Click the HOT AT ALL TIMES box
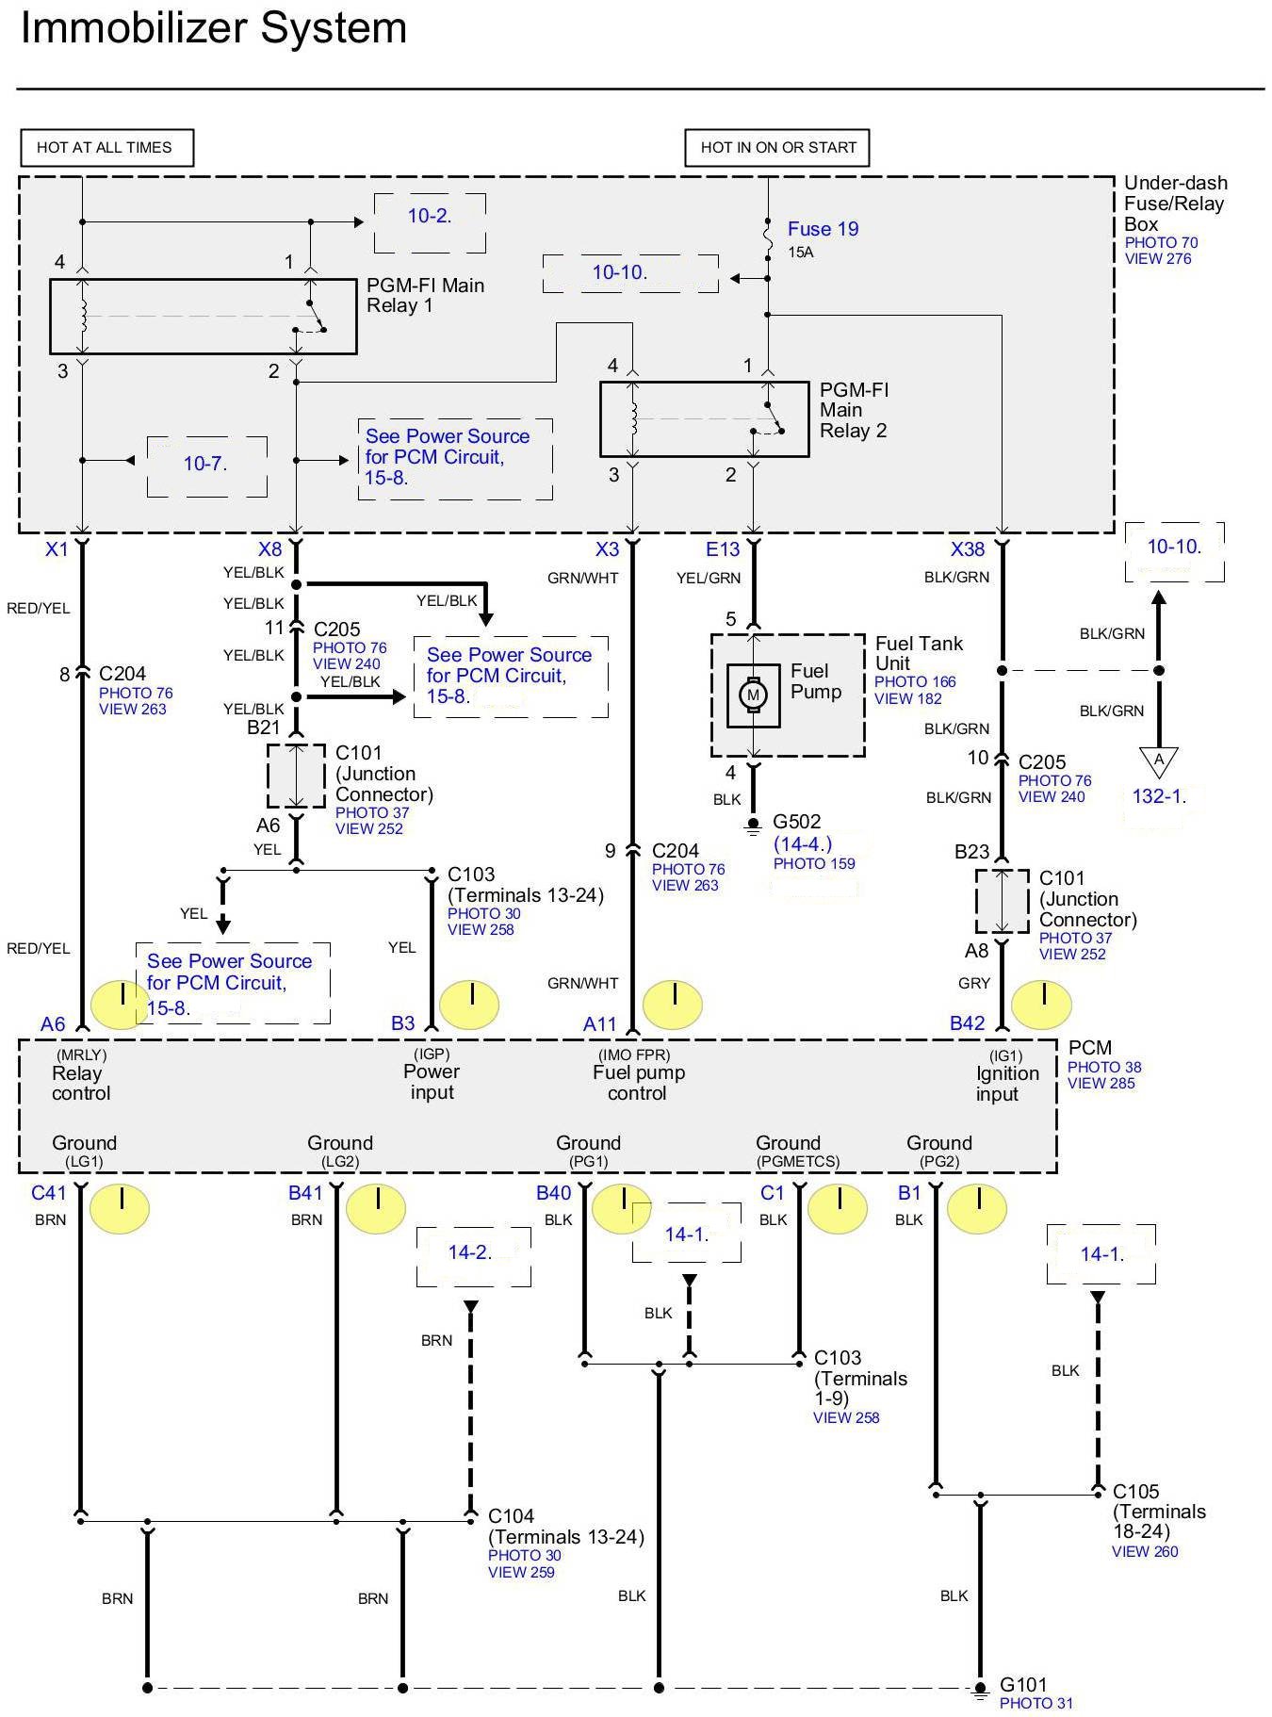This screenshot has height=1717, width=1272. (x=106, y=148)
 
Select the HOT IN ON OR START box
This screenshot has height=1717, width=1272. (x=777, y=148)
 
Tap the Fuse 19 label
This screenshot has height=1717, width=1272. (x=823, y=229)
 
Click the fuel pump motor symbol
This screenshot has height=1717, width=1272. (x=752, y=695)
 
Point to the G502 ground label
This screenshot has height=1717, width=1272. (x=796, y=822)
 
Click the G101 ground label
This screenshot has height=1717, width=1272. (x=1022, y=1684)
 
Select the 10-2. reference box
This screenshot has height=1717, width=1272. (x=430, y=217)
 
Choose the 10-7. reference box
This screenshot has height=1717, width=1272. (x=206, y=464)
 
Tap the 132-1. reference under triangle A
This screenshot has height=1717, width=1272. (x=1158, y=796)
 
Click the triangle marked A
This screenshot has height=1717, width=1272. (x=1159, y=760)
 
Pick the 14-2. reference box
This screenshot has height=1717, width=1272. (x=470, y=1252)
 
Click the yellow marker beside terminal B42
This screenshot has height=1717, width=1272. (x=1041, y=1004)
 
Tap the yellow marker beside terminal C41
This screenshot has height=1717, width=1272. (x=121, y=1208)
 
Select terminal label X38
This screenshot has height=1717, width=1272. (x=967, y=549)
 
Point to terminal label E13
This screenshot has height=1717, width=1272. (x=723, y=549)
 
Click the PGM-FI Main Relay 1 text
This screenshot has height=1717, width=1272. (x=425, y=295)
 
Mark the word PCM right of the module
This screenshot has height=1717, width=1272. (x=1090, y=1048)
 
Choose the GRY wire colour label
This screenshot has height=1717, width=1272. (x=974, y=983)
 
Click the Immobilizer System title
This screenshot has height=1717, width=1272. (x=214, y=27)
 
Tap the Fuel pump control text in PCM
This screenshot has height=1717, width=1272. (x=638, y=1083)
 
